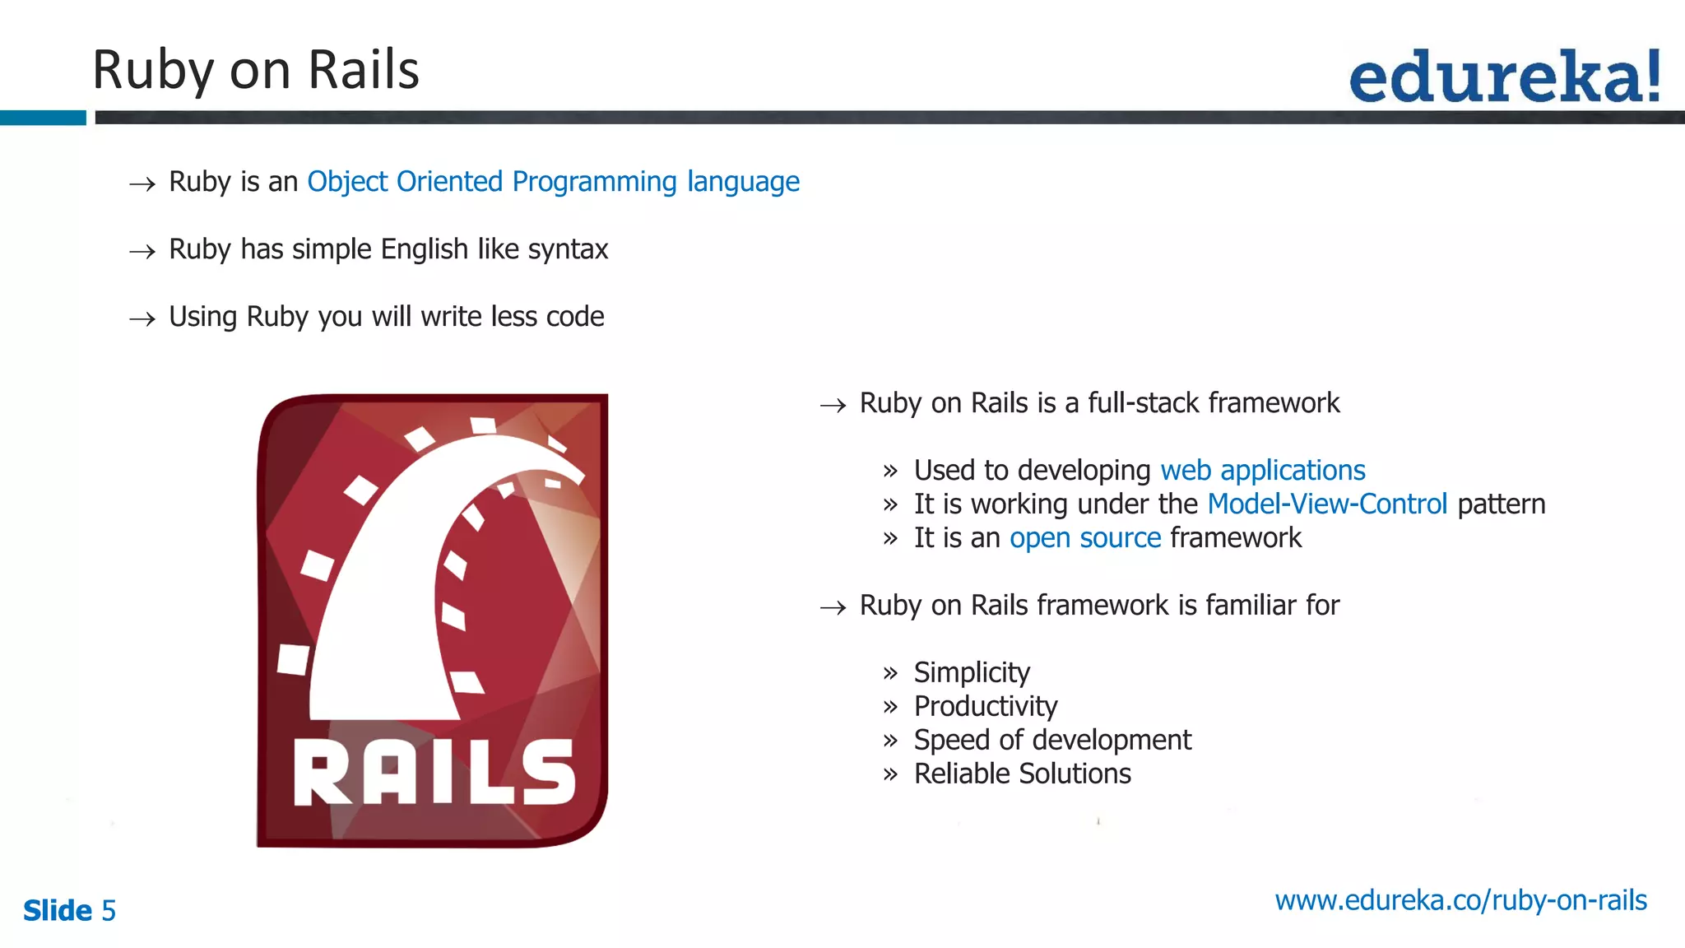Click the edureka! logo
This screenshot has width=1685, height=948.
1504,77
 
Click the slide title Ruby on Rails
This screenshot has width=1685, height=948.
255,70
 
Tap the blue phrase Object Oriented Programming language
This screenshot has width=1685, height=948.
553,182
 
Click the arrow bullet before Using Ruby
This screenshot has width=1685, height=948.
142,318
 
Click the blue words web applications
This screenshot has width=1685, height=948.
1262,471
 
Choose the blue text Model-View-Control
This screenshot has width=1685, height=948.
1326,504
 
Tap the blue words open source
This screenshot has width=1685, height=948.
1084,538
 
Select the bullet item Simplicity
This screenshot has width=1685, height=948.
971,673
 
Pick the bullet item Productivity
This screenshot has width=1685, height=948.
985,707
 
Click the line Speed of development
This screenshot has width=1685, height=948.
1051,741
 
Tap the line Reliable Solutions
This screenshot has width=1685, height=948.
1022,774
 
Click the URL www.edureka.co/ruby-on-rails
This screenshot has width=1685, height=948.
1460,901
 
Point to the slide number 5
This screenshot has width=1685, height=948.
109,911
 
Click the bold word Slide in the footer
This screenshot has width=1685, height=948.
58,911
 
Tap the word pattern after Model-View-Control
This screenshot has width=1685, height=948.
1501,504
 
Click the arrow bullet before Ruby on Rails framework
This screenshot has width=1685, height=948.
833,608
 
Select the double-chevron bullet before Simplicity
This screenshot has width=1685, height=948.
889,674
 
